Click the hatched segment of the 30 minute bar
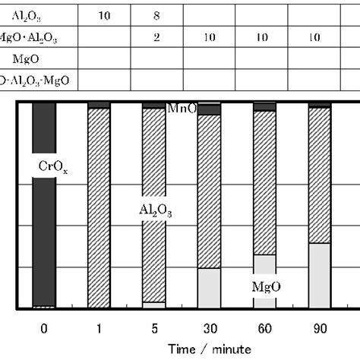pyautogui.click(x=209, y=190)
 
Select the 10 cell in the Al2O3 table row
pyautogui.click(x=106, y=14)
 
